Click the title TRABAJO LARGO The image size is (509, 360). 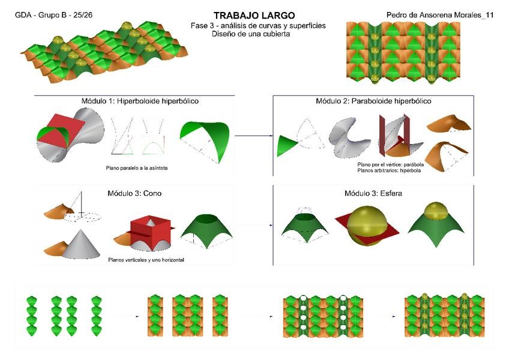pos(254,15)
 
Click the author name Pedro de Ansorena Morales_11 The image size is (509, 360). pos(440,15)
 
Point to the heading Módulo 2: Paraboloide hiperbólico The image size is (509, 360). pos(373,101)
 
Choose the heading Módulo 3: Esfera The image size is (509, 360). pos(373,193)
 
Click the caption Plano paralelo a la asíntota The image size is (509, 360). pos(135,168)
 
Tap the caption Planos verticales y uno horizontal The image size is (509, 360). pos(146,260)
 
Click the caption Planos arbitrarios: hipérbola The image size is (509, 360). pos(389,170)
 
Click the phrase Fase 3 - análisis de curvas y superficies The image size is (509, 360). pos(255,26)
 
